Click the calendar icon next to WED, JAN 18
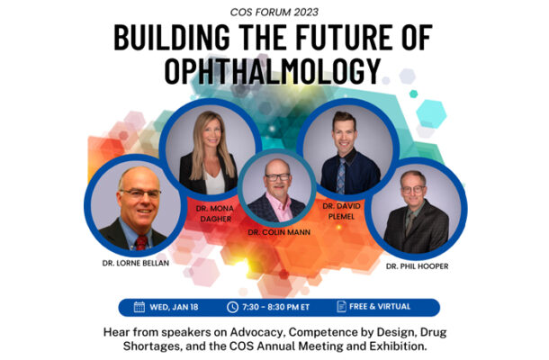[x=139, y=307]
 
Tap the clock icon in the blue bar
[x=232, y=307]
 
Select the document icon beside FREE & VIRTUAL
[x=341, y=306]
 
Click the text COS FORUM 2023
[x=274, y=13]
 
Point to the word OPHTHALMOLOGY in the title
[x=273, y=71]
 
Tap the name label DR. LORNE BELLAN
[x=136, y=263]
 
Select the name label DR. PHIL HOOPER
[x=417, y=266]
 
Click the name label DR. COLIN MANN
[x=279, y=232]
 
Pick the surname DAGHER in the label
[x=216, y=219]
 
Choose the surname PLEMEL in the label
[x=341, y=217]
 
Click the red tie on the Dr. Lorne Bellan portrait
[x=141, y=242]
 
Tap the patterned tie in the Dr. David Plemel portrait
[x=341, y=175]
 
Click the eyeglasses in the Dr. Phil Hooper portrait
[x=413, y=190]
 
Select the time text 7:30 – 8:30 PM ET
[x=276, y=307]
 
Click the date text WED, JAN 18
[x=174, y=307]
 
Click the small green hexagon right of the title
[x=413, y=94]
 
